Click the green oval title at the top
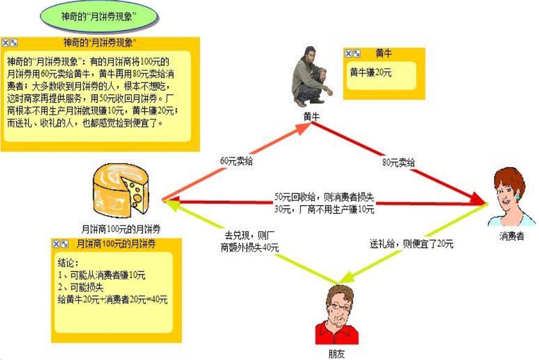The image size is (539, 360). click(x=99, y=16)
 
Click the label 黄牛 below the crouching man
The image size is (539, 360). click(x=311, y=117)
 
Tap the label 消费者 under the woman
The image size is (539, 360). click(x=512, y=236)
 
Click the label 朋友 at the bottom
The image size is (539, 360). click(x=337, y=354)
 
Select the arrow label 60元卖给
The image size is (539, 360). click(x=236, y=161)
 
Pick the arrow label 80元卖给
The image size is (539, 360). click(x=398, y=162)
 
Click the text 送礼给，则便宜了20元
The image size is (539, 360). click(x=412, y=244)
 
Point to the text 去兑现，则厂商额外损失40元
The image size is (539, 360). click(x=249, y=241)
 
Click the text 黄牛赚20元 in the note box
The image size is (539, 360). click(x=370, y=72)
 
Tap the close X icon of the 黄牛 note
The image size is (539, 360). click(x=348, y=53)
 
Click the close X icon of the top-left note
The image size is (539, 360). click(x=6, y=43)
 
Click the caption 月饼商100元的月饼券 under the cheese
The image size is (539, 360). click(x=121, y=229)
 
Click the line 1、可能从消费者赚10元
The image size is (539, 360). click(x=102, y=275)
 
